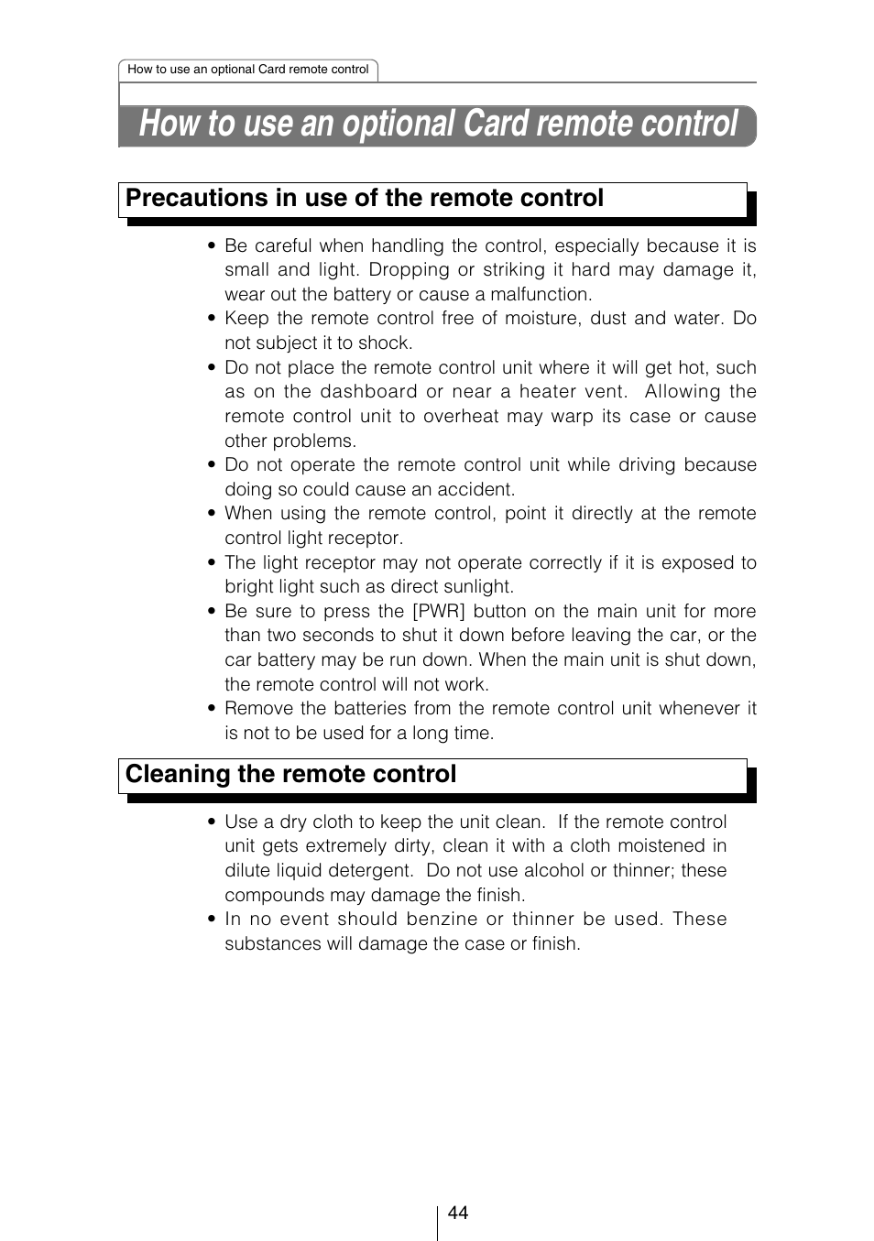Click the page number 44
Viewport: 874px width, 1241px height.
click(458, 1213)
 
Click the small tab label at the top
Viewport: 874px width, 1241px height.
click(247, 70)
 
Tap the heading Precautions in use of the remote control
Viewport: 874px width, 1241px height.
click(365, 199)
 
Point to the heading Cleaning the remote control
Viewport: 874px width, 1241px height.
click(290, 775)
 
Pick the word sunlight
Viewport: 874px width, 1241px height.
click(475, 587)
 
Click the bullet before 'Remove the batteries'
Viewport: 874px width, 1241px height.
click(212, 709)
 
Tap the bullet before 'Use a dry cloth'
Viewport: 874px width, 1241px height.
click(212, 822)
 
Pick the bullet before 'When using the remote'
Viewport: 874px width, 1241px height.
click(212, 514)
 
